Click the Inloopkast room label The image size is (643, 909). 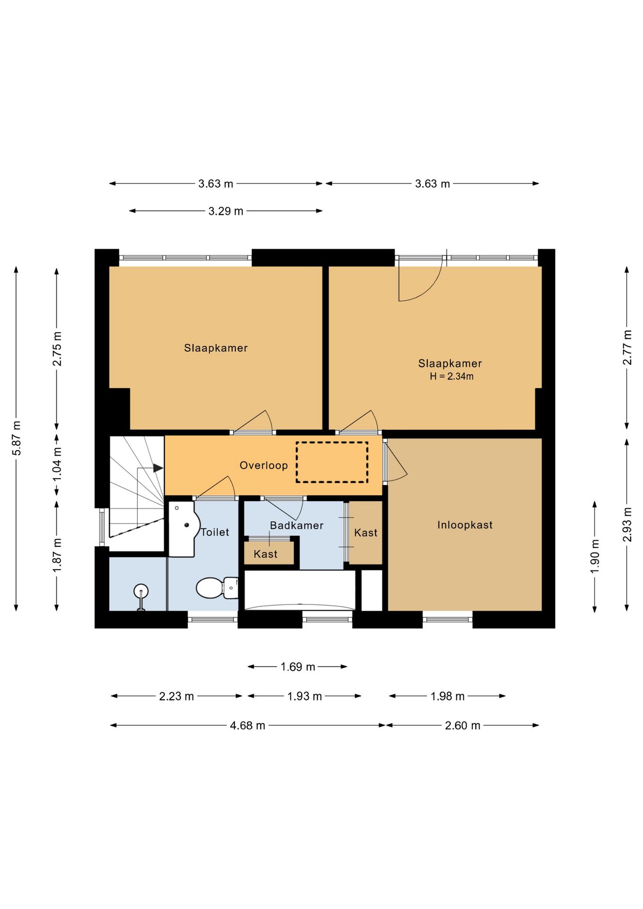click(464, 525)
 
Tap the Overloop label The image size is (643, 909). click(264, 465)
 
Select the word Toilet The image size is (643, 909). click(215, 532)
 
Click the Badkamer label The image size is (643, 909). click(297, 525)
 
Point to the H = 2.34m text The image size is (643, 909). click(452, 376)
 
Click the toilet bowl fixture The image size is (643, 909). click(217, 588)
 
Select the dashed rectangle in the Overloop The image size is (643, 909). click(332, 462)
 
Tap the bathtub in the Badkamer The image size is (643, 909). click(300, 590)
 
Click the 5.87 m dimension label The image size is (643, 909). click(17, 438)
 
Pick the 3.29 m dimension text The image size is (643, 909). click(226, 211)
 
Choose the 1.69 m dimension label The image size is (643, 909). click(298, 667)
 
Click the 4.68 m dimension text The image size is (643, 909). click(248, 726)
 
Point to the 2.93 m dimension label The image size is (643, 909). click(627, 525)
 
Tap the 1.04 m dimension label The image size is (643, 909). click(57, 464)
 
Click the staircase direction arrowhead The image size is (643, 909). click(158, 468)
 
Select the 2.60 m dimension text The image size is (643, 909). click(463, 726)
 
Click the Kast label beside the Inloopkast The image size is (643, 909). click(366, 533)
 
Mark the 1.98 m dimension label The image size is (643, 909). click(447, 696)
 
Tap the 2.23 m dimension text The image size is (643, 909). click(177, 696)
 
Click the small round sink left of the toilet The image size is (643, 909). click(141, 591)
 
